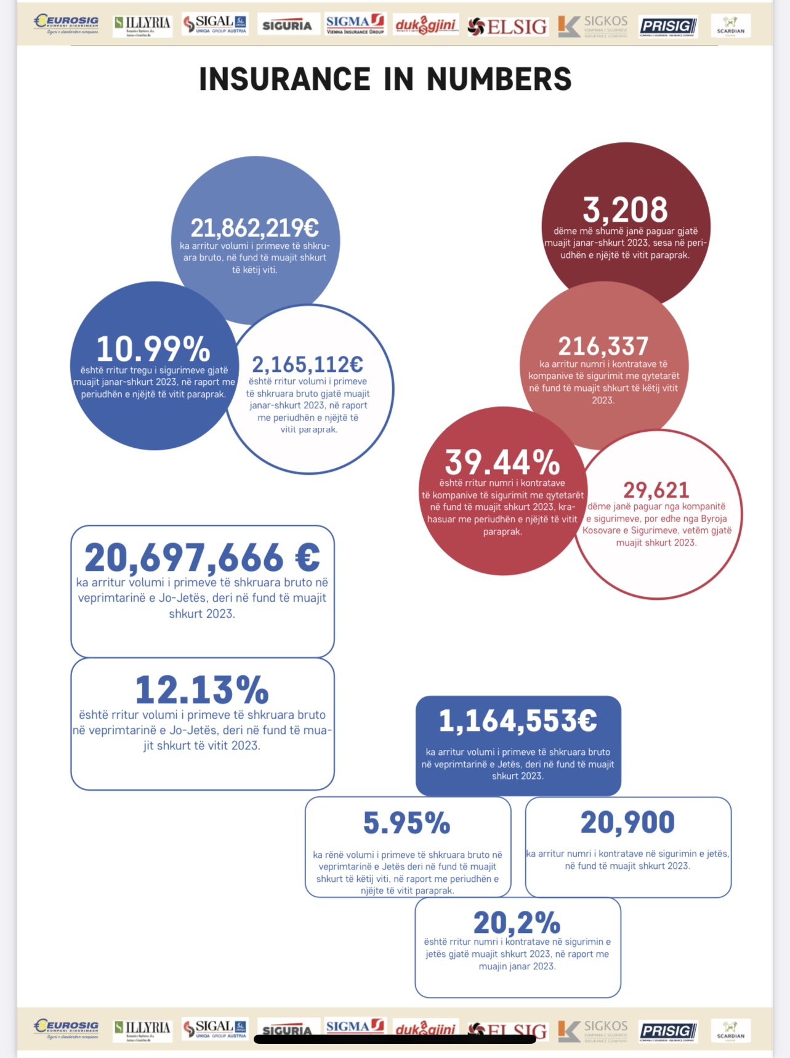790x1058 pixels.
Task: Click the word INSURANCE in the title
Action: [x=285, y=79]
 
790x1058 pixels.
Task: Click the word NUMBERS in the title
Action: [x=499, y=79]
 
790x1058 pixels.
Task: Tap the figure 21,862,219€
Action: [x=254, y=228]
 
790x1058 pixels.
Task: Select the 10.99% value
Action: [x=153, y=349]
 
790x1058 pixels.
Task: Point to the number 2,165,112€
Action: [x=307, y=365]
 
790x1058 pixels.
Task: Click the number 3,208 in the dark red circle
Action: [x=625, y=210]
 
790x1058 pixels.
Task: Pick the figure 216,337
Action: [x=603, y=346]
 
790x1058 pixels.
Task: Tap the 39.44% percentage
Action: [x=502, y=462]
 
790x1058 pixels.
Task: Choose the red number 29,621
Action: [x=656, y=490]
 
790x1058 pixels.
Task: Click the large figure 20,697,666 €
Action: [x=202, y=558]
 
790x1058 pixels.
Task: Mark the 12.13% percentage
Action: [x=201, y=690]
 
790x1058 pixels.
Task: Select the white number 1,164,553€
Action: [x=517, y=721]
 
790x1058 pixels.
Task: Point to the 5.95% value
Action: [x=406, y=823]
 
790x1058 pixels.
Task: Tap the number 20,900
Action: [x=627, y=822]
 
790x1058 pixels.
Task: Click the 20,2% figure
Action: [x=517, y=923]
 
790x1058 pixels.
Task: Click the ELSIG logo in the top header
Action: [x=507, y=26]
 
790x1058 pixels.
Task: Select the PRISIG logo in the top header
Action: [x=668, y=26]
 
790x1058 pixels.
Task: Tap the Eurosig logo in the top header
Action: [x=67, y=24]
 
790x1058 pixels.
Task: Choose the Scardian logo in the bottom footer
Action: [x=730, y=1029]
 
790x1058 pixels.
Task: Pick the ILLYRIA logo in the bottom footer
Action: [x=142, y=1029]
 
